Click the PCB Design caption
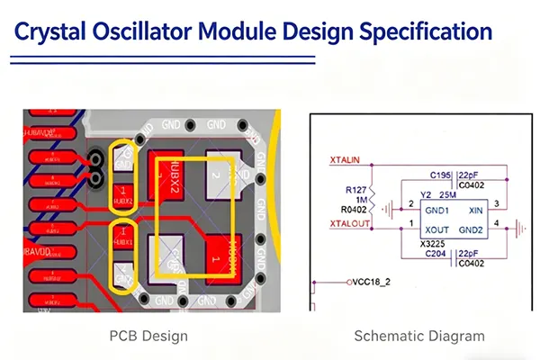(x=148, y=337)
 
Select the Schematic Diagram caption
(x=419, y=337)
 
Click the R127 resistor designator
(x=355, y=191)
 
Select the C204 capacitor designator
(x=439, y=254)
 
